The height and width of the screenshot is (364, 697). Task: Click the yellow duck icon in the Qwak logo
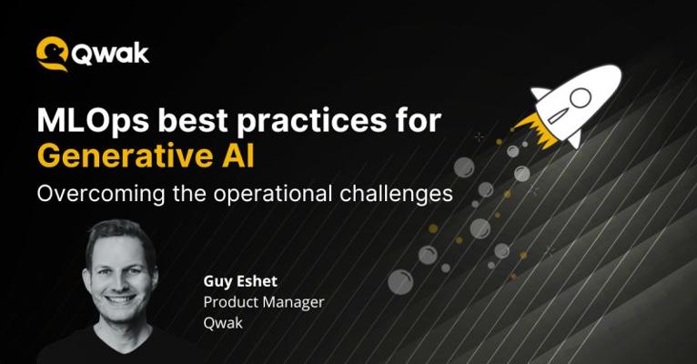point(52,54)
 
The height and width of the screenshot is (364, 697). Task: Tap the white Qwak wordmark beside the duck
point(110,55)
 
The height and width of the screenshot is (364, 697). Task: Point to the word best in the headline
point(193,120)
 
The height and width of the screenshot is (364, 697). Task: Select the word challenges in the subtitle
point(397,194)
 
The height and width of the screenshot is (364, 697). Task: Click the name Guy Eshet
point(240,281)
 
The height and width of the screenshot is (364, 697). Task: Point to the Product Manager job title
point(264,302)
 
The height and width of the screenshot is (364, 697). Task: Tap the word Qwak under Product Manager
point(223,323)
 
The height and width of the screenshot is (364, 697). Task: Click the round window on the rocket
point(581,97)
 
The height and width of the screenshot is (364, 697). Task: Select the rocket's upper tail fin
point(540,93)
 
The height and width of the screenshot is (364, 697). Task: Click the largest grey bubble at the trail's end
point(400,282)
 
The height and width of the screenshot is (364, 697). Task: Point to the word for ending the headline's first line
point(419,120)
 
